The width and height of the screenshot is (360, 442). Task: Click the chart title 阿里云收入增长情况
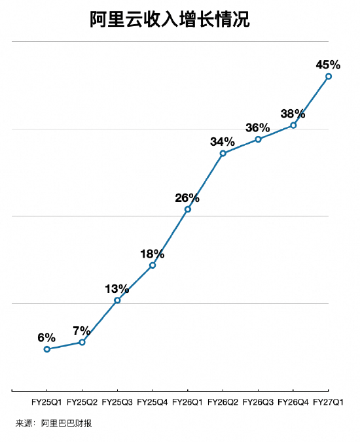click(170, 20)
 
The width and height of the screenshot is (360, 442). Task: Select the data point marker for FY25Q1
click(47, 349)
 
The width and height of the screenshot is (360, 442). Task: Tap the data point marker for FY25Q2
click(82, 342)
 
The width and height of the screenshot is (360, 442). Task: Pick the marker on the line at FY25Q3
click(117, 300)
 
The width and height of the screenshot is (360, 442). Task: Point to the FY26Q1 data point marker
click(188, 209)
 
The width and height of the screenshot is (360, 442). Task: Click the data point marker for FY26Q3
click(258, 139)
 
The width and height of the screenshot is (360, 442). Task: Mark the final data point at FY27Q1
click(329, 76)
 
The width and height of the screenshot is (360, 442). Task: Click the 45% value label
click(328, 65)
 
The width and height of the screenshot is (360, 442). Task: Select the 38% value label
click(293, 114)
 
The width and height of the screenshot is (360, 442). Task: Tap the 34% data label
click(223, 142)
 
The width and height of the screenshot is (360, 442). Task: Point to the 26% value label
click(187, 198)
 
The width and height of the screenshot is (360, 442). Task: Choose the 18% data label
click(153, 254)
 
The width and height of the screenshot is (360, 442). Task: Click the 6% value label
click(46, 337)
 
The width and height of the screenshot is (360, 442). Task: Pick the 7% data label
click(82, 331)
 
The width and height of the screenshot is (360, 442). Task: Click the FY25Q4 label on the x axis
click(153, 402)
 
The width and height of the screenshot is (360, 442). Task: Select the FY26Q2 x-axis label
click(223, 402)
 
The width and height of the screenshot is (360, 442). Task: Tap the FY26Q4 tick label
click(293, 402)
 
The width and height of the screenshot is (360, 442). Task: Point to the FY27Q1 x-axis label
click(328, 402)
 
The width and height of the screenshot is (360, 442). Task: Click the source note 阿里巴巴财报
click(66, 424)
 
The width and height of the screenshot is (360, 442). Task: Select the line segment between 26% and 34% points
click(206, 181)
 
